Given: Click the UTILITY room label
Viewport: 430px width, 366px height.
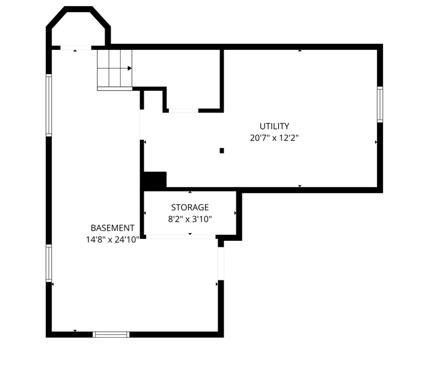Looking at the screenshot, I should click(274, 126).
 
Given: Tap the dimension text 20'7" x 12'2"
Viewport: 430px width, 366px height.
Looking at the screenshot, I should click(274, 138).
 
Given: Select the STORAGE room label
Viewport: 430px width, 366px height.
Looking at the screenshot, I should click(189, 208).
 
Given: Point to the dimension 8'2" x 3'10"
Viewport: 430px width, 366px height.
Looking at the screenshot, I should click(189, 219).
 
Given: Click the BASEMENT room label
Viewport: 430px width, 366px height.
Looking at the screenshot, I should click(112, 228).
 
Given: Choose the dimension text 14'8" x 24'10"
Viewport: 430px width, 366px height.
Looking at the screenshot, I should click(112, 239).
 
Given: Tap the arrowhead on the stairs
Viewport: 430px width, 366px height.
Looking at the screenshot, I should click(129, 68).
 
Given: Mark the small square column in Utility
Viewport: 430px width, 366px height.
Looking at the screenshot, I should click(222, 150).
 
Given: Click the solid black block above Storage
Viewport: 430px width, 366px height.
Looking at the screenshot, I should click(155, 181).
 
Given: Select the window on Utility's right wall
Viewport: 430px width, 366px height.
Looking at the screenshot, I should click(380, 105).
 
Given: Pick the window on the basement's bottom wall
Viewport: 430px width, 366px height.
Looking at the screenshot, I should click(111, 334).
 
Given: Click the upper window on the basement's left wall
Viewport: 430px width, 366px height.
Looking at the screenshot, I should click(49, 105).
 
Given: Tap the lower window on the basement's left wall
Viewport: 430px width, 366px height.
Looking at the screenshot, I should click(49, 262).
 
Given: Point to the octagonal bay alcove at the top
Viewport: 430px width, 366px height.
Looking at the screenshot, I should click(79, 27).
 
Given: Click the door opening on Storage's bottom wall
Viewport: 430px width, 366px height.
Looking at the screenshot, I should click(180, 238).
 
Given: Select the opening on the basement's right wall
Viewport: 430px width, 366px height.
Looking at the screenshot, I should click(221, 263).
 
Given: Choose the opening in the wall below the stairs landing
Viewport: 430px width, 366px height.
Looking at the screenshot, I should click(183, 111).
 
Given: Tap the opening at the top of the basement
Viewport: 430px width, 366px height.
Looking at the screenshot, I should click(75, 47).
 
